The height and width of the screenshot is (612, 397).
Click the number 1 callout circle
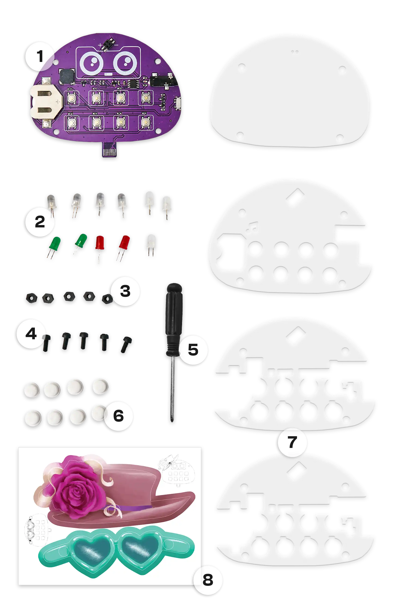40,56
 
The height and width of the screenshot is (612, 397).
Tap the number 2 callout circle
40,222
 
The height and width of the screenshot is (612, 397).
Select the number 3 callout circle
125,291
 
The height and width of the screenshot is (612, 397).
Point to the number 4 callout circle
31,334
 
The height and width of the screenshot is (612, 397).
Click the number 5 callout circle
193,350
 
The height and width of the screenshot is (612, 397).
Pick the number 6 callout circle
118,416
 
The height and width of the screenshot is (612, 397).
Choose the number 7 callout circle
292,442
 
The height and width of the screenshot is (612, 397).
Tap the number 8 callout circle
208,580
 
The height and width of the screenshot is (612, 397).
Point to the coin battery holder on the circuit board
46,101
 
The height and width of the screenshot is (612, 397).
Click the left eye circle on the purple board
91,63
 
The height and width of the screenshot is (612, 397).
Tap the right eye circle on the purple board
125,63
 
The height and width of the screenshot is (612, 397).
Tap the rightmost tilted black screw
126,344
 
